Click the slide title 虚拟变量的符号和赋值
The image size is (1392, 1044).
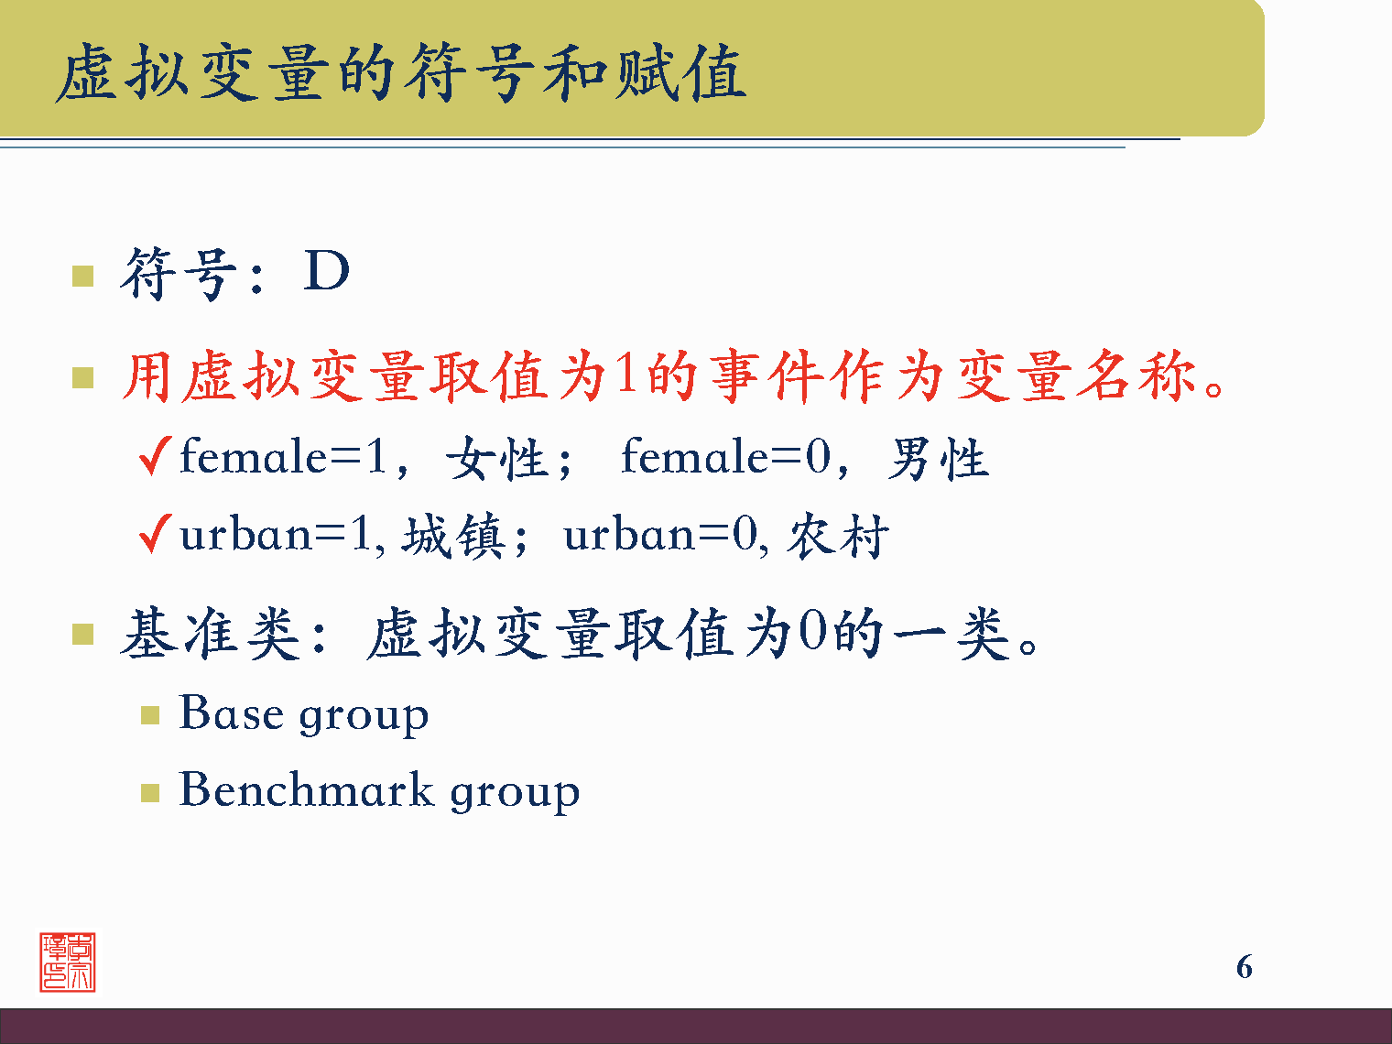click(x=400, y=73)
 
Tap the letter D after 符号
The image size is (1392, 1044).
click(x=327, y=271)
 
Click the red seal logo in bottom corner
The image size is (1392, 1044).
click(x=67, y=962)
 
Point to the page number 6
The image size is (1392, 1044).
click(x=1244, y=967)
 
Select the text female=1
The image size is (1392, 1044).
click(x=284, y=457)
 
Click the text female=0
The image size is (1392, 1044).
click(x=725, y=457)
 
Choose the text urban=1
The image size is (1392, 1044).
click(x=276, y=535)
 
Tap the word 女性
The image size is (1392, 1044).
click(x=497, y=459)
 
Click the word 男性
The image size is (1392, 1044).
click(x=938, y=459)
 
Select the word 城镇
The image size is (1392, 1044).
click(x=453, y=536)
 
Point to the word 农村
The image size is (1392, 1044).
click(x=838, y=536)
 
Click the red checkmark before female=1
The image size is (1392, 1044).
click(x=155, y=455)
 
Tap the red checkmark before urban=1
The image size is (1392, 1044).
click(x=155, y=533)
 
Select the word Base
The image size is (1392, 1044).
click(x=231, y=713)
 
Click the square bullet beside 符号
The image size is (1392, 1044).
click(x=83, y=276)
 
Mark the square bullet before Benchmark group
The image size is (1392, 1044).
click(x=150, y=792)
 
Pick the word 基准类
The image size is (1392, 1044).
click(x=211, y=634)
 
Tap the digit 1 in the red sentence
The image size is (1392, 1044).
click(x=626, y=375)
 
